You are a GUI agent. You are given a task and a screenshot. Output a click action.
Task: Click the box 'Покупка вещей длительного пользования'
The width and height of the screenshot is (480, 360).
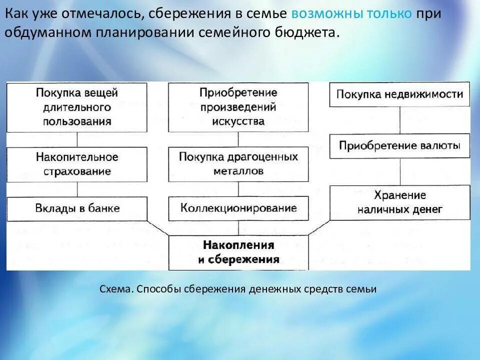coord(77,107)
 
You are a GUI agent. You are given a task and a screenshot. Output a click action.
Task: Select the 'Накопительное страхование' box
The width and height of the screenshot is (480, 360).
coord(77,164)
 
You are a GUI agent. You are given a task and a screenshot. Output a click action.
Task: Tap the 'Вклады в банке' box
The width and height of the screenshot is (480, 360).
coord(77,208)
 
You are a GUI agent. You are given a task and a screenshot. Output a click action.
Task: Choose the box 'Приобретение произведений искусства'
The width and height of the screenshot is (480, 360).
coord(238,107)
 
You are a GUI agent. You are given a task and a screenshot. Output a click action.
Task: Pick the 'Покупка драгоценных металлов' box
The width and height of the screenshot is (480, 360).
coord(238,164)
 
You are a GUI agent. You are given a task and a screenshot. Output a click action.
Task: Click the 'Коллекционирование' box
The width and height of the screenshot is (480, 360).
coord(238,208)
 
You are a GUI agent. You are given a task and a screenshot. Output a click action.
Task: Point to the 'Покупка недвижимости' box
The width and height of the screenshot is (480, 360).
coord(399,94)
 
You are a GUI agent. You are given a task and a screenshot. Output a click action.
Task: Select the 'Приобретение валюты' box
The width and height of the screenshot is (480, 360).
coord(399,146)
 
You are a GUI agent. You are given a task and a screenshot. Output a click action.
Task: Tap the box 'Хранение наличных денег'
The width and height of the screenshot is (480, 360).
coord(399,202)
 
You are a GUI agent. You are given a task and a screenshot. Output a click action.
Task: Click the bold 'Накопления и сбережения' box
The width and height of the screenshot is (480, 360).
coord(238,252)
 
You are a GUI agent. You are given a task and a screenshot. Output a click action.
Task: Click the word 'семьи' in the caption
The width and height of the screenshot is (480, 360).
coord(363,289)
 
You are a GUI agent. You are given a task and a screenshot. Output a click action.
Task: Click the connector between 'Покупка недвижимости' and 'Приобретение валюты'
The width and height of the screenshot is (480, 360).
coord(399,120)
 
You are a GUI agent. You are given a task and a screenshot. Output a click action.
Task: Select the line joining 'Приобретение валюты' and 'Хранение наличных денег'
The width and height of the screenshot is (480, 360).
coord(399,171)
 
